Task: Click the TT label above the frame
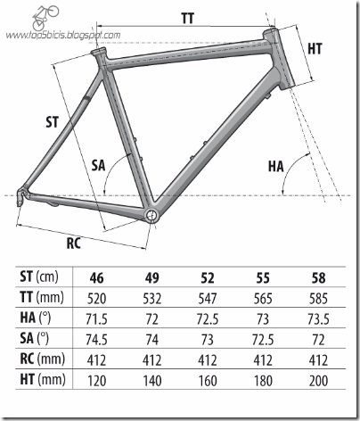coord(188,19)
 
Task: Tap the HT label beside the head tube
coord(315,49)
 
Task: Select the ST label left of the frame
coord(53,122)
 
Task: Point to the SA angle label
coord(98,165)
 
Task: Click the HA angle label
coord(276,166)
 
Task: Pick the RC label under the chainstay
coord(74,244)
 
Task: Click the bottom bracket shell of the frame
coord(151,215)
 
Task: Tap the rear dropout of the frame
coord(21,195)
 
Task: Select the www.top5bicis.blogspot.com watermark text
coord(63,35)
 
